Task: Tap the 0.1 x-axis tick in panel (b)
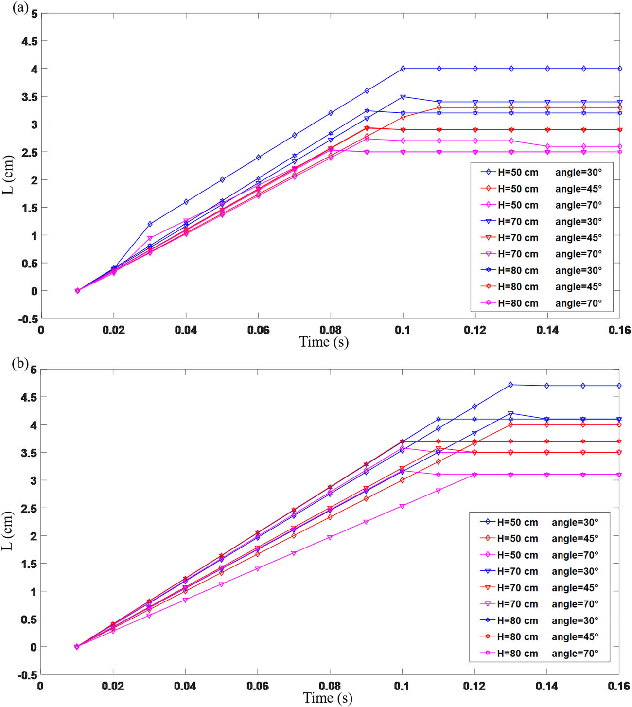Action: click(x=402, y=686)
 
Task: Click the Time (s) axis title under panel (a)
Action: click(x=324, y=342)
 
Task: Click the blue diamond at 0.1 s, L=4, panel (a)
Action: click(x=403, y=69)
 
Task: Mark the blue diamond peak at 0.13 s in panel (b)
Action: click(x=510, y=385)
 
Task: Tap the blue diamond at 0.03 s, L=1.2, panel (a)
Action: click(x=150, y=224)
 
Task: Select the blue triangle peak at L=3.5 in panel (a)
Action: click(x=403, y=97)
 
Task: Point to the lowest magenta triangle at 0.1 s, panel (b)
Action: click(x=402, y=506)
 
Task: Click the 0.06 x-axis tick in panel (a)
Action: click(x=258, y=330)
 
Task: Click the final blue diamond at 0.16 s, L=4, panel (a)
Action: click(x=620, y=69)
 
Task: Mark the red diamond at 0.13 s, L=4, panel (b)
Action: click(x=510, y=424)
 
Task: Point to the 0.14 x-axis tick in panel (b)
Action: click(x=546, y=686)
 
